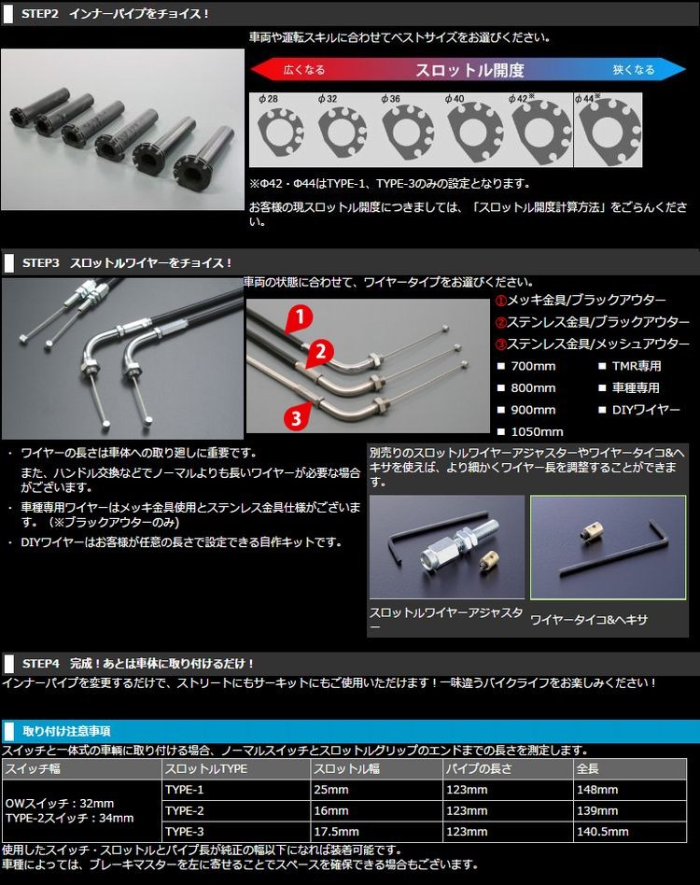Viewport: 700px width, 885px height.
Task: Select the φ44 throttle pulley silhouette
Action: [609, 132]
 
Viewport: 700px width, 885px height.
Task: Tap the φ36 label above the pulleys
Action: [390, 99]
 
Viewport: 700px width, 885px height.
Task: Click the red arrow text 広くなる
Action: [304, 70]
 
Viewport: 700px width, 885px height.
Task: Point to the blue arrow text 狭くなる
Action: [634, 70]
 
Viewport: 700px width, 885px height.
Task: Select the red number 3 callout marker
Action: [297, 417]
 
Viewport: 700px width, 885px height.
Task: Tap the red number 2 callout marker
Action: [320, 352]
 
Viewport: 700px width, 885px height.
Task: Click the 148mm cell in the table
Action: [597, 790]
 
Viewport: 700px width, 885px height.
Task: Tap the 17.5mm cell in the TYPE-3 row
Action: [336, 832]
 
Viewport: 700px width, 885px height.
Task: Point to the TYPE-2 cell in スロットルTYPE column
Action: [185, 810]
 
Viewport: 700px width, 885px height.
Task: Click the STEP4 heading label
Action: [41, 663]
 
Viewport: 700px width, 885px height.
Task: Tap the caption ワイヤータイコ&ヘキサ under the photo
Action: [589, 620]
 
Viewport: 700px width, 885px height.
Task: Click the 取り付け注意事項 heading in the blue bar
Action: [66, 732]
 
